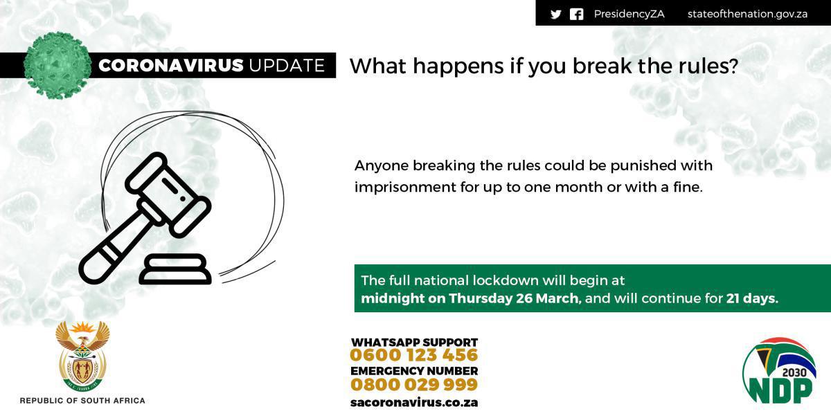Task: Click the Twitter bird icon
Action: (555, 15)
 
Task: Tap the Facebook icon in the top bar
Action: (576, 15)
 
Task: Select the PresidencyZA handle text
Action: (629, 14)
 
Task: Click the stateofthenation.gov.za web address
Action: (747, 14)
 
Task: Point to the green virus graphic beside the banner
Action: (57, 65)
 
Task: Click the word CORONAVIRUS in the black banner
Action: (171, 66)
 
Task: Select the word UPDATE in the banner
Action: (287, 66)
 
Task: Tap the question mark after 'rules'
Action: (733, 66)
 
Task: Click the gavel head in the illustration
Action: (168, 195)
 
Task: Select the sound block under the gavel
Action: (175, 269)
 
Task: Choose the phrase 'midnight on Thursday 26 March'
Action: (470, 298)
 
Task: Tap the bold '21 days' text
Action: (752, 298)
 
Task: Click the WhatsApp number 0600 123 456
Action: (413, 355)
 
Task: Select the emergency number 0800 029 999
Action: (414, 384)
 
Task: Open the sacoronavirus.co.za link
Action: (414, 402)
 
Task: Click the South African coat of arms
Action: (82, 356)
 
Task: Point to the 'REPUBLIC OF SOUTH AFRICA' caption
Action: (82, 401)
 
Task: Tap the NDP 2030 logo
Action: (779, 371)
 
